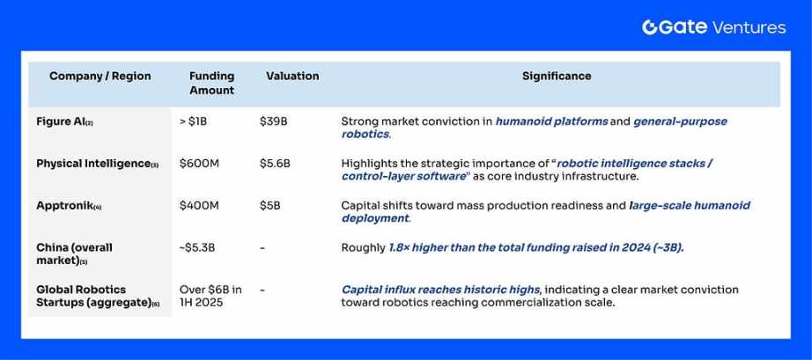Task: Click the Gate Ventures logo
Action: point(713,27)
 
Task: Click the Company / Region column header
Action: point(100,76)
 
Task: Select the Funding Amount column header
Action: point(211,83)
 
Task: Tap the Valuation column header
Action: point(292,76)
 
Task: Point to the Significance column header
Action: point(557,76)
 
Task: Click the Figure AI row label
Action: point(64,122)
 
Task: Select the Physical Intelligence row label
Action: point(98,164)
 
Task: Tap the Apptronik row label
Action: point(69,206)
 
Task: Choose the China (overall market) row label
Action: point(74,254)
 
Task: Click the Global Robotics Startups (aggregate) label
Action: point(98,296)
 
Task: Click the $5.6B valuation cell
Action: point(275,164)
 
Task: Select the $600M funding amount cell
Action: point(199,164)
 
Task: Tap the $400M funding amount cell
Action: point(199,206)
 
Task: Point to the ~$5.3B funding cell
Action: point(196,247)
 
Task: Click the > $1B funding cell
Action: point(193,122)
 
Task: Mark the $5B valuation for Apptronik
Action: point(269,206)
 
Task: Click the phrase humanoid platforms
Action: point(551,121)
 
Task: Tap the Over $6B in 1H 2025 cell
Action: point(210,296)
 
